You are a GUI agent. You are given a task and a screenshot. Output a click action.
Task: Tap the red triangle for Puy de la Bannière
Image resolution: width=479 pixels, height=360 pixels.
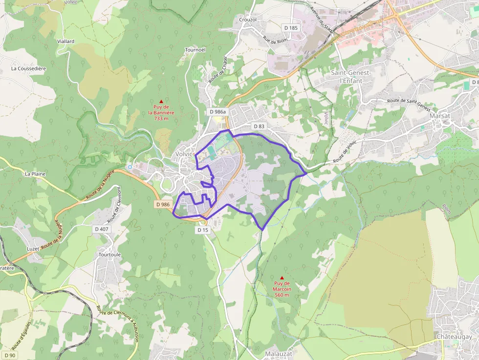161,102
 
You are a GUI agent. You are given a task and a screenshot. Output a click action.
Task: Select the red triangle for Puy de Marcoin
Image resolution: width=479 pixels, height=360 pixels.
282,278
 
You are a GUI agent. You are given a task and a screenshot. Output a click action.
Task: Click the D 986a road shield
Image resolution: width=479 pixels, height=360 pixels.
218,112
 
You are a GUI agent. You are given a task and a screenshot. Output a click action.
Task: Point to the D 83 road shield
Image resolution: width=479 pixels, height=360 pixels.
259,127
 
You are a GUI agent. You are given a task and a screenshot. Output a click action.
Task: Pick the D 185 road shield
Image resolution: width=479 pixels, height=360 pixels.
290,28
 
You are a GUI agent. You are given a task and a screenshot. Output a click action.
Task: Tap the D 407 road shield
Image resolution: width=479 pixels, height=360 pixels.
102,229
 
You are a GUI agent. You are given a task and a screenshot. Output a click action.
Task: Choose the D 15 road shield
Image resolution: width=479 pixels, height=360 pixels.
203,230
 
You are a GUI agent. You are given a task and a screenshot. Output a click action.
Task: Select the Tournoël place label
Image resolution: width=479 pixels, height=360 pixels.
196,50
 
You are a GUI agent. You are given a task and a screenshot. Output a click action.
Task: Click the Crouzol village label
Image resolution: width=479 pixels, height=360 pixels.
248,20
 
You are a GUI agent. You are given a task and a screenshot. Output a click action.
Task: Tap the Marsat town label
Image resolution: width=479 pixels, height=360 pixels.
439,116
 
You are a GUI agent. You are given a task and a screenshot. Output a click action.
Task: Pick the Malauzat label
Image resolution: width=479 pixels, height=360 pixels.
278,353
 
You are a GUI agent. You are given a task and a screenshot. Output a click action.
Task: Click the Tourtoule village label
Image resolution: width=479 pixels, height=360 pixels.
109,255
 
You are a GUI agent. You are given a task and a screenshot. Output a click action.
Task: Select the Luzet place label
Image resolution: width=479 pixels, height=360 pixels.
33,249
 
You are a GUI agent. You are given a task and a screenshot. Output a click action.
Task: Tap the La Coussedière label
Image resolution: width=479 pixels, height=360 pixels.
28,68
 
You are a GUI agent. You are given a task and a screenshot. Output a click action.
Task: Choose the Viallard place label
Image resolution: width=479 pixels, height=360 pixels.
65,42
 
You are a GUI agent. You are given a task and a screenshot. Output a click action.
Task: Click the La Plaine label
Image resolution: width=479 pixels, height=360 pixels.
35,173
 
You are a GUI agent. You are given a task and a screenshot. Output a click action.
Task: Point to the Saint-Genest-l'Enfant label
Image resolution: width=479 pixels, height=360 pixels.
351,77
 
